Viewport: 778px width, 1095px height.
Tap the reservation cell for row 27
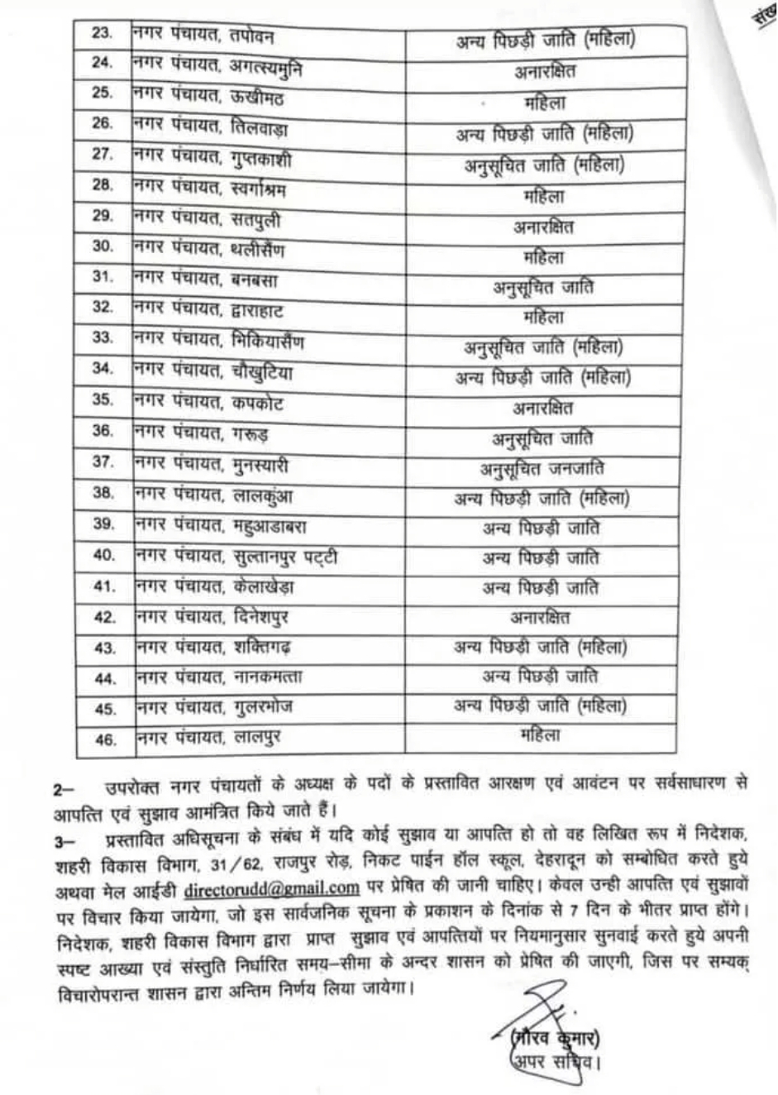pyautogui.click(x=544, y=165)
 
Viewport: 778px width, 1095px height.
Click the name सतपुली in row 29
pyautogui.click(x=255, y=218)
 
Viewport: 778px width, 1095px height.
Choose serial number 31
pyautogui.click(x=103, y=277)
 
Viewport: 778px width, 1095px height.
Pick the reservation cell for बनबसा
pyautogui.click(x=544, y=287)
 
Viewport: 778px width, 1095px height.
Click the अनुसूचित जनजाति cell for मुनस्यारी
pyautogui.click(x=542, y=469)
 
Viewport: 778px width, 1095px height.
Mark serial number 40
pyautogui.click(x=104, y=555)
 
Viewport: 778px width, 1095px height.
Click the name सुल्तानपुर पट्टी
pyautogui.click(x=284, y=556)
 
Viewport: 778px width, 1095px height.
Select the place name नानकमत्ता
pyautogui.click(x=267, y=677)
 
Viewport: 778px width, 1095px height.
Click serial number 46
pyautogui.click(x=106, y=739)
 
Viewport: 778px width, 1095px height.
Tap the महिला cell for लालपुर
pyautogui.click(x=541, y=734)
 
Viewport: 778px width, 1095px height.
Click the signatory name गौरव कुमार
pyautogui.click(x=556, y=1036)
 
